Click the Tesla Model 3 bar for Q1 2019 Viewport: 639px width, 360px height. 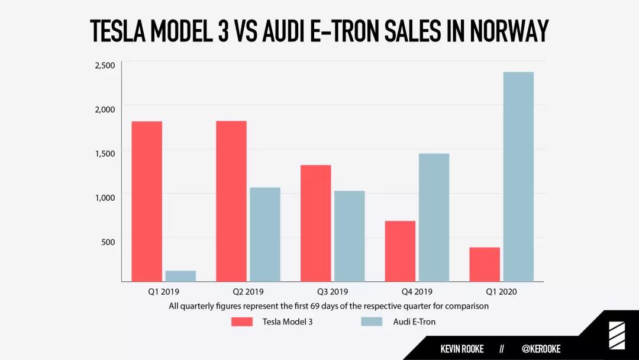pos(147,201)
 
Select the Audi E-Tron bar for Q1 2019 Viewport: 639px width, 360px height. pos(180,276)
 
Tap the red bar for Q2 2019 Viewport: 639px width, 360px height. pos(231,201)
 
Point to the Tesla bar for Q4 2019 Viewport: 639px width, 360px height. pos(400,251)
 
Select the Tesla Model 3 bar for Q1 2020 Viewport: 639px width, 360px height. pos(485,264)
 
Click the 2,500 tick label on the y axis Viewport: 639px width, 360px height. pos(105,65)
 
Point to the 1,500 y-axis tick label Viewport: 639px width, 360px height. pos(105,153)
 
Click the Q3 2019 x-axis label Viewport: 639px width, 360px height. pos(332,292)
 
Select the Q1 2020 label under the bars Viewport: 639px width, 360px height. pos(501,292)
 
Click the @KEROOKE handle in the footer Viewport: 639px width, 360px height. pos(541,349)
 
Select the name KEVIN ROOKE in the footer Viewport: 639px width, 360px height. pos(462,349)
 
